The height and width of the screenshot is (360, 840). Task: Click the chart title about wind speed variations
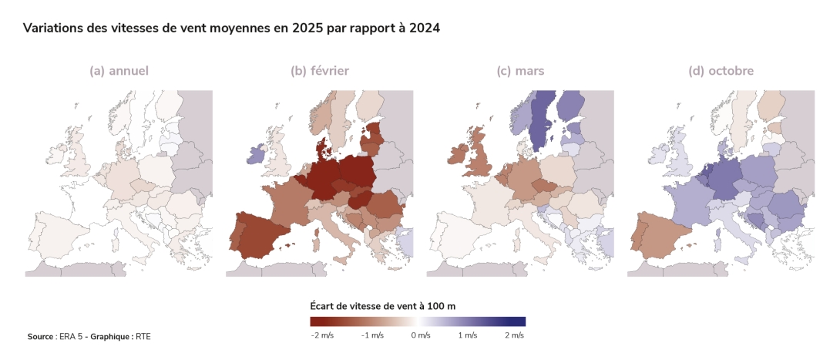[x=231, y=29]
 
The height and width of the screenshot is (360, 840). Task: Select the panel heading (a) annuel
[x=119, y=71]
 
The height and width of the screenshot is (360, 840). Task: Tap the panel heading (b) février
[x=319, y=71]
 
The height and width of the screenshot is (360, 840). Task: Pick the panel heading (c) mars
[x=520, y=71]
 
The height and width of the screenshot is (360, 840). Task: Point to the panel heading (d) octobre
[x=721, y=71]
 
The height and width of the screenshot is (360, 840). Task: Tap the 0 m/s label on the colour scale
[x=419, y=335]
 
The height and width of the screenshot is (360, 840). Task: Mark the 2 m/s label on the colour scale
[x=515, y=335]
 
